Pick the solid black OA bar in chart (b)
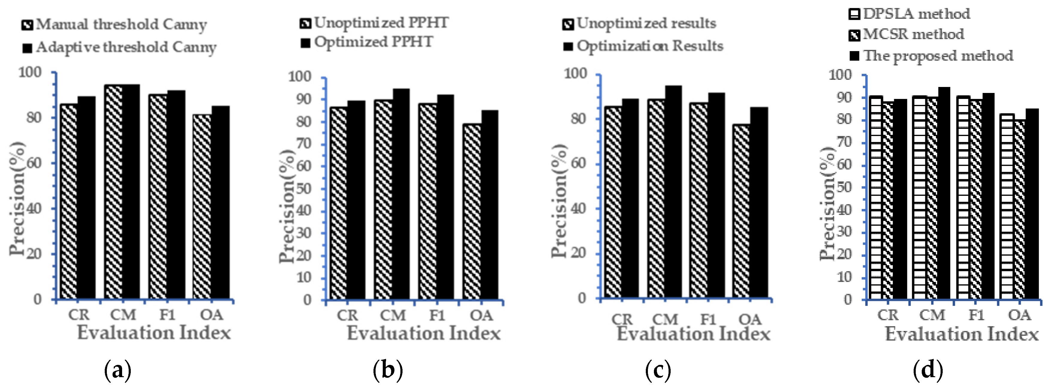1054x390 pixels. pos(490,204)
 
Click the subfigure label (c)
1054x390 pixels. pos(658,370)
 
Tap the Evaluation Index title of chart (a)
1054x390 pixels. pos(154,333)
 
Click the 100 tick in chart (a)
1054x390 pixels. pos(30,73)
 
